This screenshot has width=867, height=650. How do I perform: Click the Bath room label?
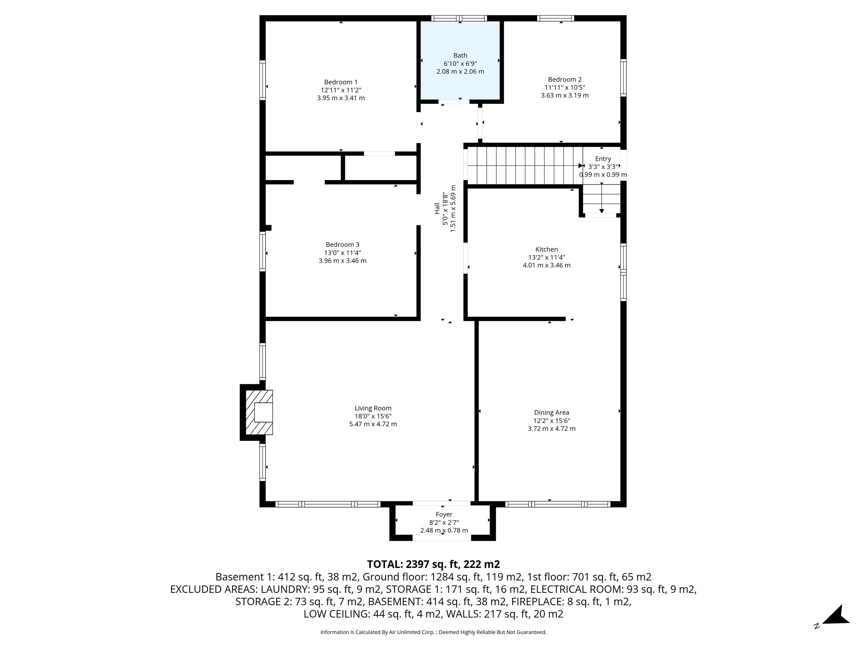point(460,56)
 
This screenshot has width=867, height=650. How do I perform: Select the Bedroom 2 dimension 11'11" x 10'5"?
point(564,87)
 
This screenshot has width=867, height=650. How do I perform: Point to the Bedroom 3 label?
point(342,245)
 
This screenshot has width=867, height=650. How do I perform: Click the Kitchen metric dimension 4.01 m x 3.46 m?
point(546,265)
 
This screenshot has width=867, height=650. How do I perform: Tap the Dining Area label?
point(551,412)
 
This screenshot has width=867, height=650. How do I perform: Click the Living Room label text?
point(373,408)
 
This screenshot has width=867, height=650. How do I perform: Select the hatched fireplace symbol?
point(259,412)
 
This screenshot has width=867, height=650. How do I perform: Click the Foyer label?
point(444,514)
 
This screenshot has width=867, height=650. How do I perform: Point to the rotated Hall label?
point(437,208)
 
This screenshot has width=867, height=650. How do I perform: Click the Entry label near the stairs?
point(603,159)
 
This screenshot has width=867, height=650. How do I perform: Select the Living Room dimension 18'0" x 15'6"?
point(373,416)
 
